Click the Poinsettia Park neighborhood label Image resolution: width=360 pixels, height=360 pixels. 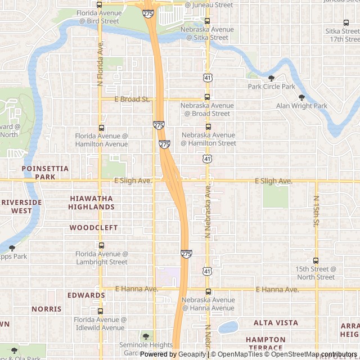coord(45,172)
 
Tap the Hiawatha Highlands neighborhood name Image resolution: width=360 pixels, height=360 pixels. coord(91,202)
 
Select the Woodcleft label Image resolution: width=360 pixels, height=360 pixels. coord(93,228)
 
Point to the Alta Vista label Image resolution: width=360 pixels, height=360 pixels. coord(276,323)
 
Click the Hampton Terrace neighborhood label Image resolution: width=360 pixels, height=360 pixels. coord(265,344)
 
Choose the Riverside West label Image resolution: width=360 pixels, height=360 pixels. coord(21,206)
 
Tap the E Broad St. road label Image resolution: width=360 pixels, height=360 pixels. coord(132,100)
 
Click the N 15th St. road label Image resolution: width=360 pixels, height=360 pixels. coord(316,212)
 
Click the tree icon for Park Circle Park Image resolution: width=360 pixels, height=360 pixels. coord(272,78)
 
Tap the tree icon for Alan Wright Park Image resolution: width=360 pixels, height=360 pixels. coord(301,97)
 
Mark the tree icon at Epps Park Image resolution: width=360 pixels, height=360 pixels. coord(12,248)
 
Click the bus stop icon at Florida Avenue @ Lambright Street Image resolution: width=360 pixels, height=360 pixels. coord(101,245)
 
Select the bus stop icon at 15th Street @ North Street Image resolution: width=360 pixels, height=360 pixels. coord(316,260)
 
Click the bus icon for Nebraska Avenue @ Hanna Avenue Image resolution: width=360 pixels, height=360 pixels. coord(208,291)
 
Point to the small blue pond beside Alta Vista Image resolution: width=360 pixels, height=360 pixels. coord(228,327)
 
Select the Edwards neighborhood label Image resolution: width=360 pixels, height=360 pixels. coord(86,295)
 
